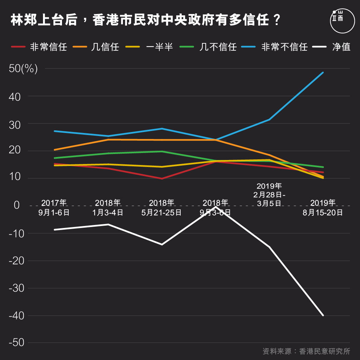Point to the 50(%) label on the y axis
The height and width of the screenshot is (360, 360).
click(23, 69)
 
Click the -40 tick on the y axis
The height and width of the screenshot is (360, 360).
click(17, 316)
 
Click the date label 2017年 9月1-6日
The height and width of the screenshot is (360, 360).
click(54, 208)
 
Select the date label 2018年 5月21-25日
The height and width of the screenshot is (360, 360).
click(162, 208)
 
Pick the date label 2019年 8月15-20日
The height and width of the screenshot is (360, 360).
click(323, 208)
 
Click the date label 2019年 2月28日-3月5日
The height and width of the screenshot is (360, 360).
click(269, 194)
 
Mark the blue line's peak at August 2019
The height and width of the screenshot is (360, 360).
click(323, 72)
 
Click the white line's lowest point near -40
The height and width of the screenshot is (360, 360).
click(323, 315)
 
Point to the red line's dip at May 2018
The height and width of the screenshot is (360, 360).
click(162, 179)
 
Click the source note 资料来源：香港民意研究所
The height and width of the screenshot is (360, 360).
click(306, 351)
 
